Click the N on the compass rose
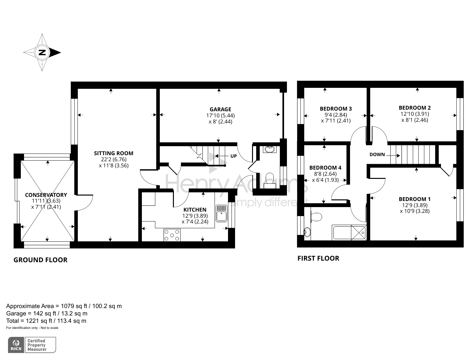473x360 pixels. point(42,52)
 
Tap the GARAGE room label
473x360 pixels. point(220,109)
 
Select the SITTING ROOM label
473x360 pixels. point(113,153)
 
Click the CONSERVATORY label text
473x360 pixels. point(46,195)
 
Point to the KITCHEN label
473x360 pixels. point(195,210)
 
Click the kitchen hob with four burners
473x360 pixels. point(172,235)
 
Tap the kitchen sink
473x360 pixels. point(221,213)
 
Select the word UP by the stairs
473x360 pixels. point(233,156)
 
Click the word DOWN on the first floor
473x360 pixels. point(377,155)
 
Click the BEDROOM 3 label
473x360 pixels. point(336,109)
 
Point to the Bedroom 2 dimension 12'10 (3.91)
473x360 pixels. point(414,114)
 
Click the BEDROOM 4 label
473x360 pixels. point(325,168)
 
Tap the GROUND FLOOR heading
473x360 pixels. point(40,260)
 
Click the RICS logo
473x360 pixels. point(16,345)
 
